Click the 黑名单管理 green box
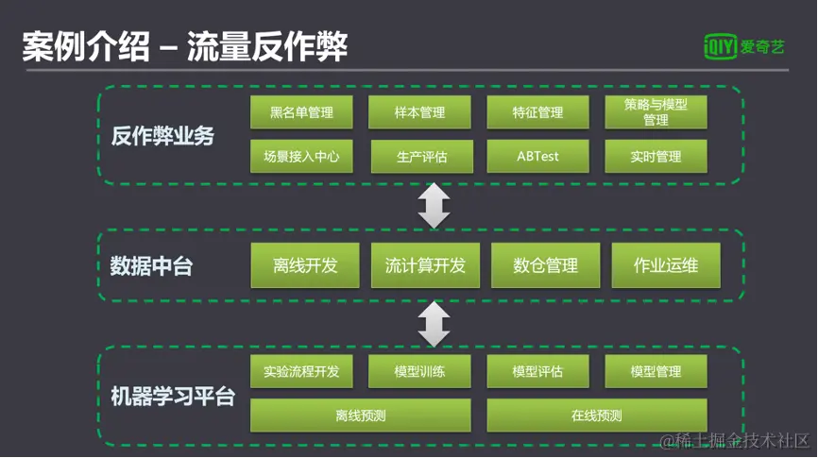302,112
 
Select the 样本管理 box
419,112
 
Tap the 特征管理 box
537,112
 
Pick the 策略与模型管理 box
656,112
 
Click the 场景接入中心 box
302,156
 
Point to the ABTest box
537,156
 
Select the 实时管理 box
656,156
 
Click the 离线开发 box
305,265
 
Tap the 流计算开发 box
425,265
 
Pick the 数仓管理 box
545,265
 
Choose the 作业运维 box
666,265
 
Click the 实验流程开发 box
302,372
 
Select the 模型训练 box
419,372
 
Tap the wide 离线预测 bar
361,415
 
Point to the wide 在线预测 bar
597,415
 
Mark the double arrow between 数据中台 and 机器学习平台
434,324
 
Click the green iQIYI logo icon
721,45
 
